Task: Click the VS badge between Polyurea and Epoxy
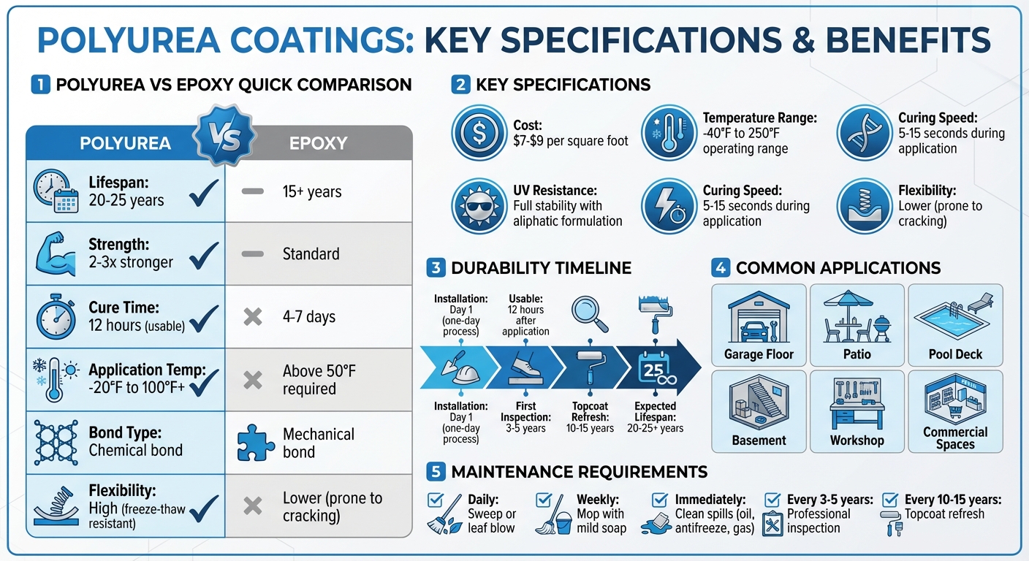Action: [x=224, y=137]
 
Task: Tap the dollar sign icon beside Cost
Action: [x=479, y=133]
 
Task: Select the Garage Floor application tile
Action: [x=759, y=325]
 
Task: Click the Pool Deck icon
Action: [x=955, y=316]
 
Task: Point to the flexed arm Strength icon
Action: [x=55, y=253]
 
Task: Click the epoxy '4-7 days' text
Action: [x=309, y=317]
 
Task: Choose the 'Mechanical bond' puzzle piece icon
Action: [x=256, y=443]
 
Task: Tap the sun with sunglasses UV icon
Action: [x=479, y=207]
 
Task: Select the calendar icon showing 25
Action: [x=655, y=368]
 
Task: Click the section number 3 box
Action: [x=436, y=268]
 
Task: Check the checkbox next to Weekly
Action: [x=544, y=500]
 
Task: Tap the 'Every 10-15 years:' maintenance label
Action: [x=953, y=500]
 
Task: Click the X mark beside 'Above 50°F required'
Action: [x=252, y=380]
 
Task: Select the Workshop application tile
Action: [x=857, y=411]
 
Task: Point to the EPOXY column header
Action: [x=318, y=143]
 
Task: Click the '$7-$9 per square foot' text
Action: [x=571, y=140]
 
